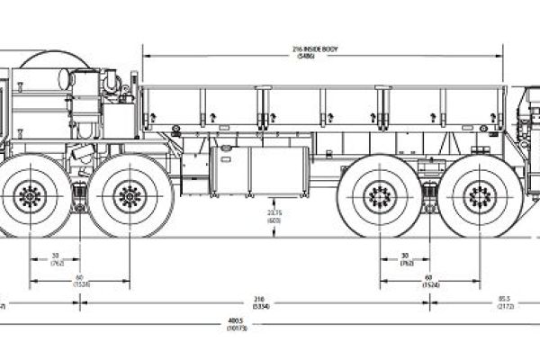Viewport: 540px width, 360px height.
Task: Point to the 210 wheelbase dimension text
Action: pos(260,298)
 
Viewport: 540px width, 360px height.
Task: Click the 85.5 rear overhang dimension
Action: pos(505,298)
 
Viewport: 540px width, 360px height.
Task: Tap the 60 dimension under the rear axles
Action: pos(427,277)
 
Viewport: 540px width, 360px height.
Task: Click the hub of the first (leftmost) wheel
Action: pos(29,193)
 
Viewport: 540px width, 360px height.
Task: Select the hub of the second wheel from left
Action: pos(129,193)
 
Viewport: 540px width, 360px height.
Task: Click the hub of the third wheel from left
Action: pos(378,193)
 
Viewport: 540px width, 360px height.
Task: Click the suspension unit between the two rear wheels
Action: pos(428,193)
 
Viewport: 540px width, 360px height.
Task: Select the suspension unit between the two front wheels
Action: pos(79,193)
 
